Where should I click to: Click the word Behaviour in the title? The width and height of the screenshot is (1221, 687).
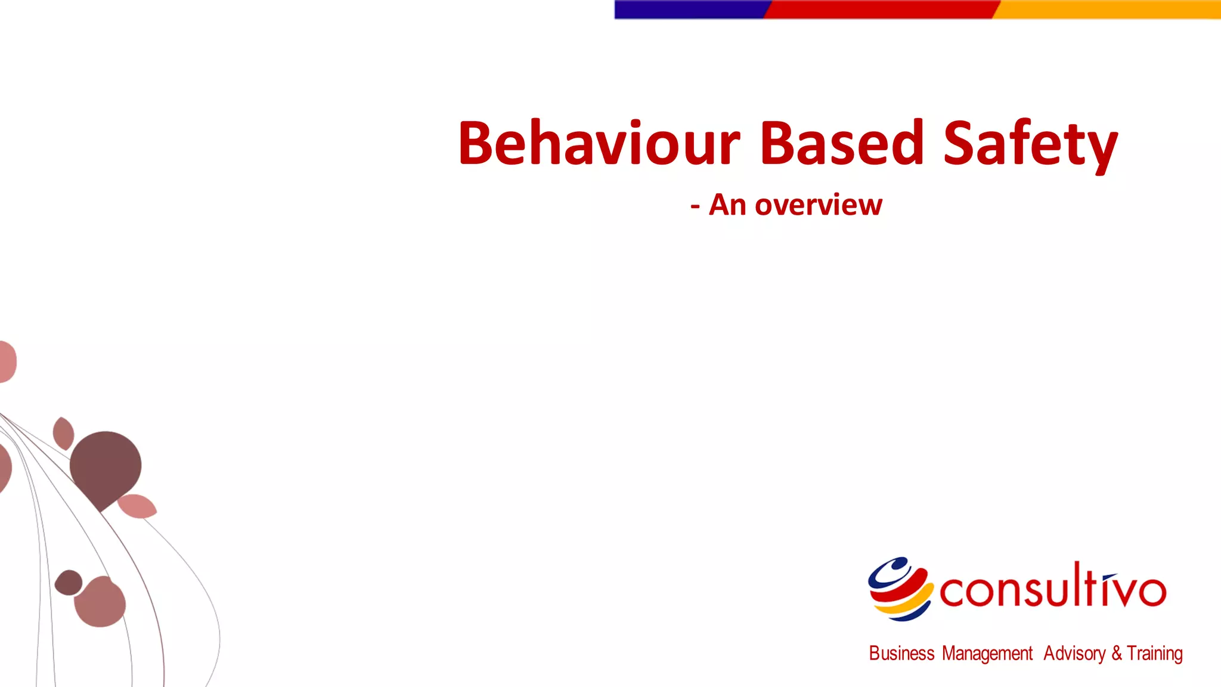point(599,143)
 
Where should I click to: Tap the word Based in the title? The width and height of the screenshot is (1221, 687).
point(842,143)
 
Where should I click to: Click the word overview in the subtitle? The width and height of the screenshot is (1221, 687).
point(818,206)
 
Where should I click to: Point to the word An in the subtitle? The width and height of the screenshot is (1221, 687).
point(727,206)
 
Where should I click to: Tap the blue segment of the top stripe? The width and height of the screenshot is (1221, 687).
point(689,10)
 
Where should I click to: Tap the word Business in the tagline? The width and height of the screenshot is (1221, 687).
point(901,654)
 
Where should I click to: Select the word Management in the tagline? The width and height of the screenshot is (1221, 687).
point(987,654)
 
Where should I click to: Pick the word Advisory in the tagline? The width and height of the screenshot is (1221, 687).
point(1074,654)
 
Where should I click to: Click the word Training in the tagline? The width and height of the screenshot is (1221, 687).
point(1155,654)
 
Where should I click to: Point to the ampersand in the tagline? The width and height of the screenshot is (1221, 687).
point(1116,654)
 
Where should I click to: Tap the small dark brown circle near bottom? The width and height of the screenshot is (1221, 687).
point(69,582)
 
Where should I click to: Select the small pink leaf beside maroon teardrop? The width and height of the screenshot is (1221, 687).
point(137,506)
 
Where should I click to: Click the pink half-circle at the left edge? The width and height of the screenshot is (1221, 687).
point(7,361)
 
